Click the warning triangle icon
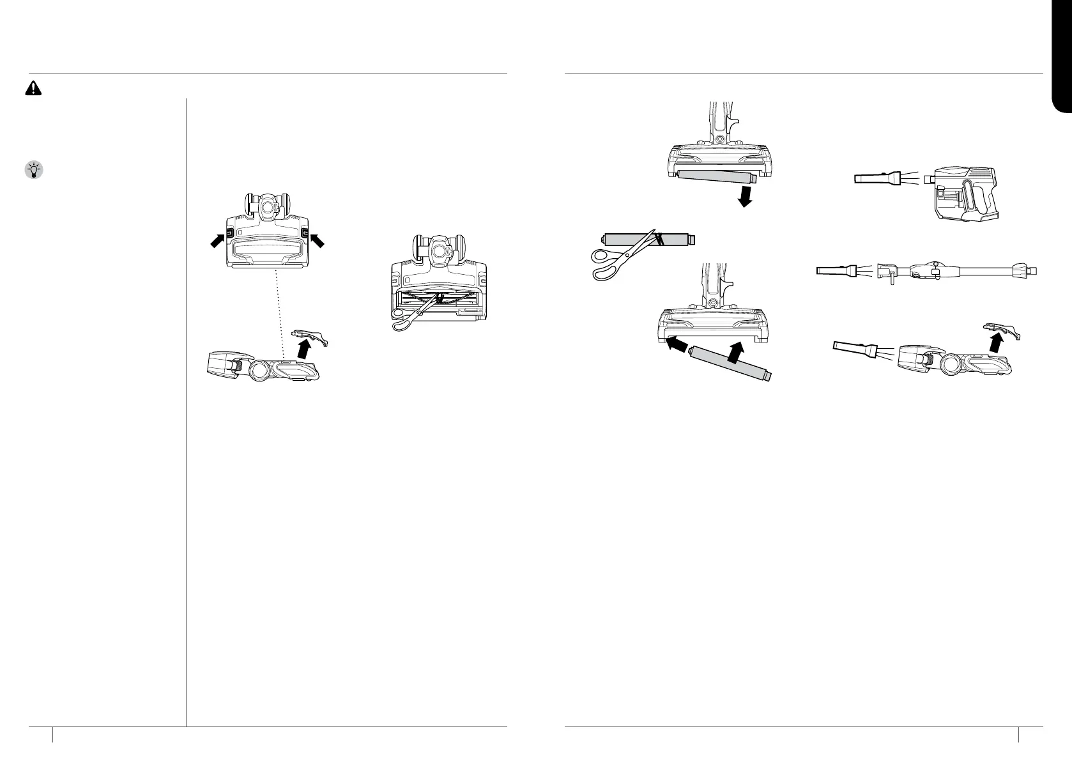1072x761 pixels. point(33,89)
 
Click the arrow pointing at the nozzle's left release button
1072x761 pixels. point(218,240)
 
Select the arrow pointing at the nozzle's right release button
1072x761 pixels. point(317,240)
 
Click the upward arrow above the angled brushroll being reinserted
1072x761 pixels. point(737,352)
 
